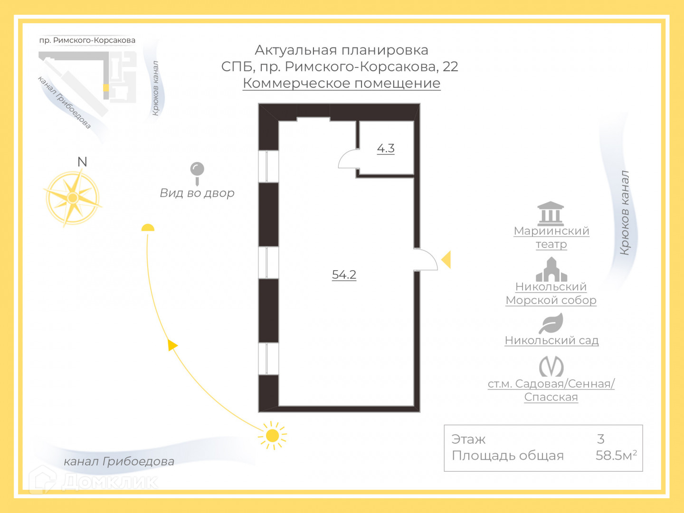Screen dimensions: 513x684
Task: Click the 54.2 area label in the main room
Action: coord(344,275)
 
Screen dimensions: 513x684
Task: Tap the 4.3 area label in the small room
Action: coord(386,148)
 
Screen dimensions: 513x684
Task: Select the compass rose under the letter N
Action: coord(73,198)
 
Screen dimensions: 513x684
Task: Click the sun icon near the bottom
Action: coord(273,435)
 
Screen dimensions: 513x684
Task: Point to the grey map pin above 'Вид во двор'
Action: coord(197,171)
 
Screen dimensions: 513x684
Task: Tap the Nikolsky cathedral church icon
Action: coord(551,269)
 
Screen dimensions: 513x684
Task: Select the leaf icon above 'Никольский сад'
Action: coord(551,323)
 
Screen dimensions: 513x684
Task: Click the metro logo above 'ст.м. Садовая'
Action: coord(551,366)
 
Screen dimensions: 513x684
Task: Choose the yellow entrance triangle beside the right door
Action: coord(446,260)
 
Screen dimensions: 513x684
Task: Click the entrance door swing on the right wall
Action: coord(426,260)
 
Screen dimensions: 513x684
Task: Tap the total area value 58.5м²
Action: coord(616,455)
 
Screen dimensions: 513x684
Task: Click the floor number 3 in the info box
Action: coord(601,439)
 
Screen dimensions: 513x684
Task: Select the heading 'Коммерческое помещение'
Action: coord(342,83)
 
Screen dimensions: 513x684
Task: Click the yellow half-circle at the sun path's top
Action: coord(148,228)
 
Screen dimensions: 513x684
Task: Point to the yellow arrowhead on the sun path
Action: coord(172,345)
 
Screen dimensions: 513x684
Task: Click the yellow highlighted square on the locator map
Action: coord(106,88)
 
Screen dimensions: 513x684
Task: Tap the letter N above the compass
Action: coord(82,162)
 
